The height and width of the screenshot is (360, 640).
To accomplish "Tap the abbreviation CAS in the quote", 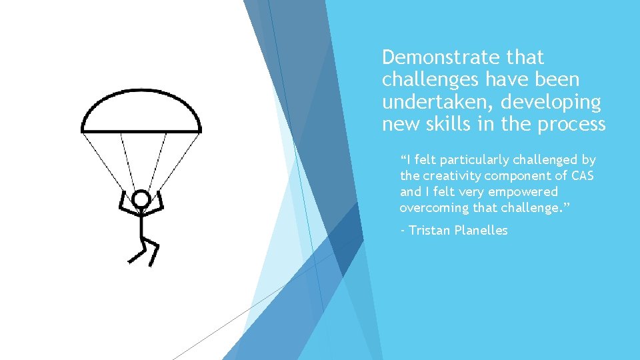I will pyautogui.click(x=583, y=176).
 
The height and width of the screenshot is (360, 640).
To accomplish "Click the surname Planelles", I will pyautogui.click(x=482, y=231).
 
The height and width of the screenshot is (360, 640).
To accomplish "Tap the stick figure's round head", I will pyautogui.click(x=141, y=199).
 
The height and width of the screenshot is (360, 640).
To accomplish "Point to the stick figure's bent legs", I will pyautogui.click(x=144, y=251).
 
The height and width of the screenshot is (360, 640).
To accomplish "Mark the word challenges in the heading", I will pyautogui.click(x=431, y=80).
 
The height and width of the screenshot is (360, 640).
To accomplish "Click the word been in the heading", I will pyautogui.click(x=557, y=79).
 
